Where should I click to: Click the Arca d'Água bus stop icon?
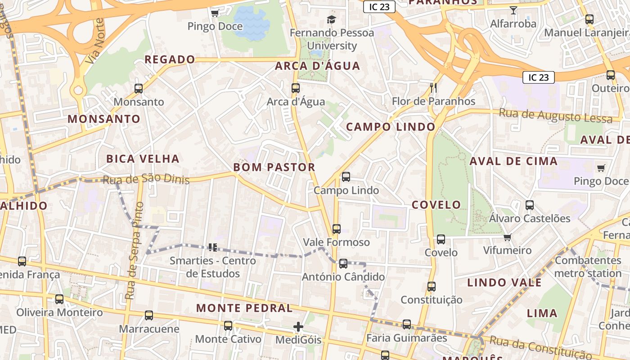click(295, 88)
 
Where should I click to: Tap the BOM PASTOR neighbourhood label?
click(274, 167)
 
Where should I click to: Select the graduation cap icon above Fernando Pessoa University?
click(332, 19)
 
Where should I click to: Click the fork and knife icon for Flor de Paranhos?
click(433, 87)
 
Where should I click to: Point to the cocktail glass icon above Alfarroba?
click(513, 10)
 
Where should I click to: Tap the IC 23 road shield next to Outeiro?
click(538, 77)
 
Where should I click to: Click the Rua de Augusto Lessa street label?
click(555, 116)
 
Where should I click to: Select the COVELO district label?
click(436, 205)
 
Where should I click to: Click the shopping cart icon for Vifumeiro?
click(508, 237)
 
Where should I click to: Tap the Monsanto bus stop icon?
click(139, 89)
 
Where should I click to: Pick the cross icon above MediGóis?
click(298, 327)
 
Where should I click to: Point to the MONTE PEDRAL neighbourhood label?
click(244, 308)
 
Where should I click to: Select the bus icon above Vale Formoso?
click(336, 229)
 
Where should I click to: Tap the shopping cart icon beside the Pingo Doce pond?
click(215, 13)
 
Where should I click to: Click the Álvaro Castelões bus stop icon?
click(530, 205)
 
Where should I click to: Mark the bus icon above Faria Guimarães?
click(406, 324)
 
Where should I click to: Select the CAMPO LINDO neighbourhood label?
click(391, 127)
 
